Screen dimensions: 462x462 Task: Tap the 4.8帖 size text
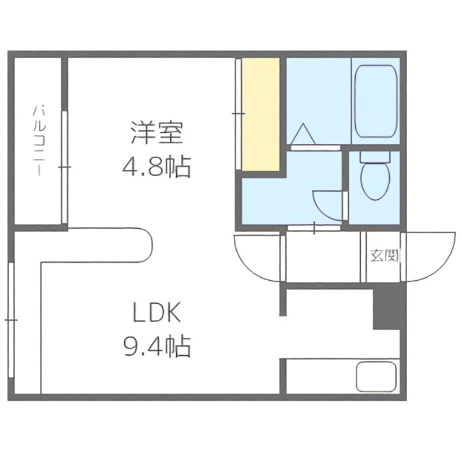click(155, 167)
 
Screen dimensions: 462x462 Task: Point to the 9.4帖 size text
click(155, 346)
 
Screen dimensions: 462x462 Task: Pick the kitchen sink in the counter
click(377, 376)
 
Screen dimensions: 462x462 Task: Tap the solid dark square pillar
click(386, 306)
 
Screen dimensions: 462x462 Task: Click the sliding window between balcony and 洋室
click(65, 167)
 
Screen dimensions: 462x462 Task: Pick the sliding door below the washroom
click(314, 228)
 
